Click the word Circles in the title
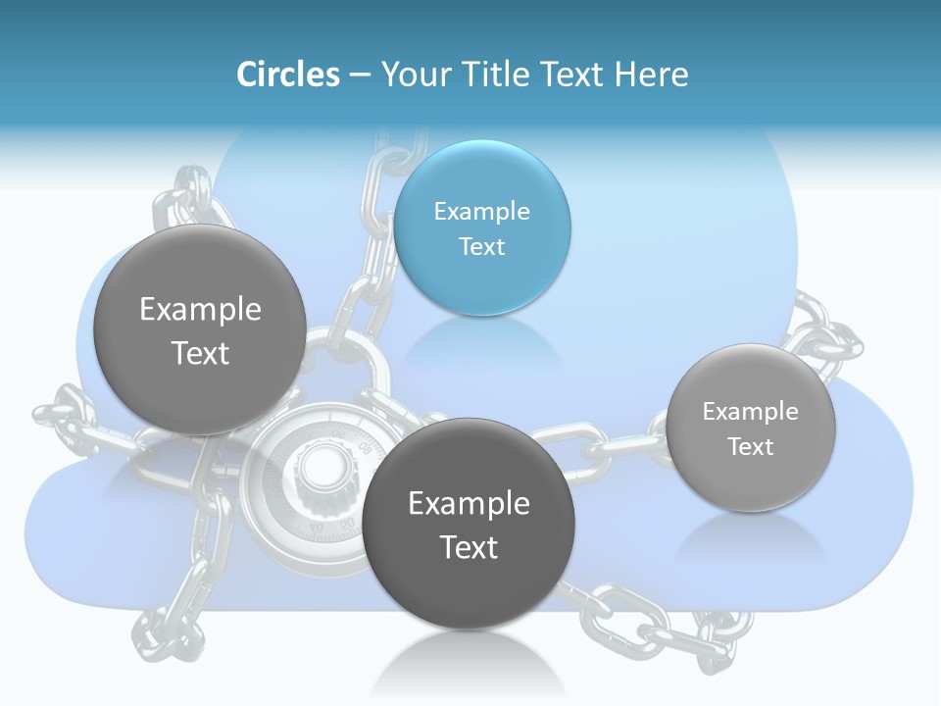(287, 75)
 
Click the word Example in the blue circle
(481, 211)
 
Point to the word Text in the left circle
(200, 353)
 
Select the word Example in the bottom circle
(469, 503)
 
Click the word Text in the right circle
(751, 447)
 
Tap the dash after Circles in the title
(360, 75)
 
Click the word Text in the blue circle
(481, 246)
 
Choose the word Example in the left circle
(200, 309)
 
